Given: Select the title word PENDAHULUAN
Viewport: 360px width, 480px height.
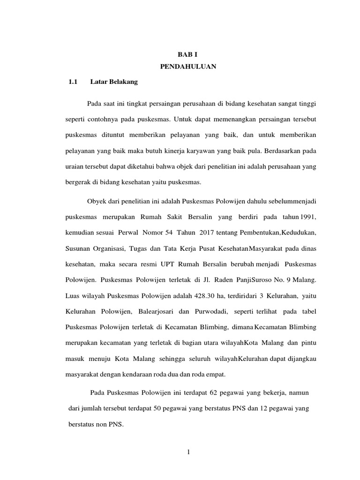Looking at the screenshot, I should click(187, 67).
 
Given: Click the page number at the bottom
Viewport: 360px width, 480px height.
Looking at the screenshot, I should click(187, 452).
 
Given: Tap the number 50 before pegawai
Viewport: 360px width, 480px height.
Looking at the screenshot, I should click(157, 409).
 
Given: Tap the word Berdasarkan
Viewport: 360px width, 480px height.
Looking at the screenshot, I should click(285, 150).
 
